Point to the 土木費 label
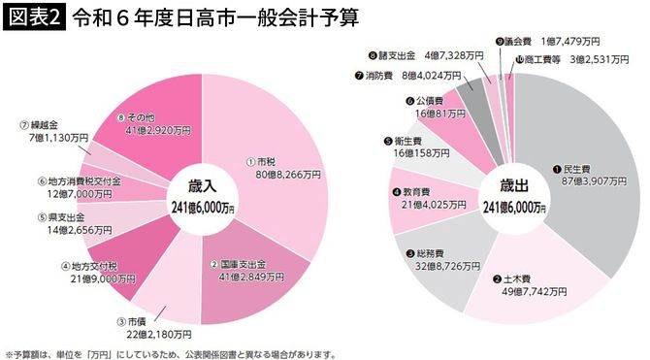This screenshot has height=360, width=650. pyautogui.click(x=514, y=279)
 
